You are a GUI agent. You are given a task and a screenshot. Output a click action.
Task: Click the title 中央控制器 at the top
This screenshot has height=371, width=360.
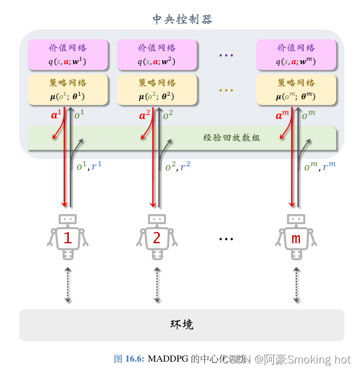click(x=182, y=20)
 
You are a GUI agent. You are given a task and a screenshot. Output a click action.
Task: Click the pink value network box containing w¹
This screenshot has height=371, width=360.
click(x=68, y=54)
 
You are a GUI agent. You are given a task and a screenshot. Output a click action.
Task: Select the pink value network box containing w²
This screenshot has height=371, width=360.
click(x=156, y=54)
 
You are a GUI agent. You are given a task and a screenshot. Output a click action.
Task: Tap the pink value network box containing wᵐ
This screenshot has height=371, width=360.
click(x=296, y=54)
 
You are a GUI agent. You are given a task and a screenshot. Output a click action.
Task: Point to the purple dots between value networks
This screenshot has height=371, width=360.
click(x=226, y=55)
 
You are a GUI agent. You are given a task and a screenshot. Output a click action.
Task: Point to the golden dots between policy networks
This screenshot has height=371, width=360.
click(x=226, y=90)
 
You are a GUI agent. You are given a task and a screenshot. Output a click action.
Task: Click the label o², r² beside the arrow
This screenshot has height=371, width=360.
click(x=177, y=167)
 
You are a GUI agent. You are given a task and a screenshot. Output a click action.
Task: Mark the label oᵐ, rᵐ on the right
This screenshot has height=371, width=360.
click(x=320, y=167)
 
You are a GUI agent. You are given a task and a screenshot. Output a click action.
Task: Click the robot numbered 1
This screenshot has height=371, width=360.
click(x=68, y=237)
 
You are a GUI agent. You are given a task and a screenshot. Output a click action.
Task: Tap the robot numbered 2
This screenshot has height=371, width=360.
click(x=156, y=237)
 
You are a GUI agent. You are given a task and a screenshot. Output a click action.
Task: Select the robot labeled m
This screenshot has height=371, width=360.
click(x=296, y=237)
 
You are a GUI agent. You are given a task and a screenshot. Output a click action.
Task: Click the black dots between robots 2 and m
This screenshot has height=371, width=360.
click(x=226, y=239)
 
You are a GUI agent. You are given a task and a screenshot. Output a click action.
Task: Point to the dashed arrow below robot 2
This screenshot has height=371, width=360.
click(x=156, y=285)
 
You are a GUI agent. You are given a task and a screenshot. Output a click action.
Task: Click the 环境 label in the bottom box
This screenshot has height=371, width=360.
click(x=181, y=325)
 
